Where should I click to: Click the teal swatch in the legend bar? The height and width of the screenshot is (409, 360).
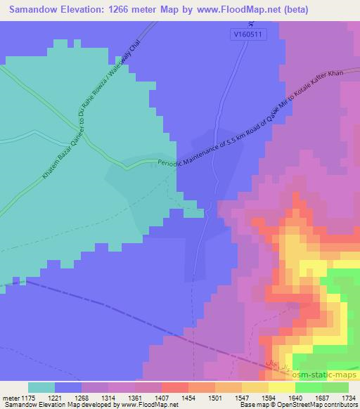41,387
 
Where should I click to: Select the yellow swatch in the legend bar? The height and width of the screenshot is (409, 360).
281,387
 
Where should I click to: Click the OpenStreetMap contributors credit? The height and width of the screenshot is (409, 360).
314,405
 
